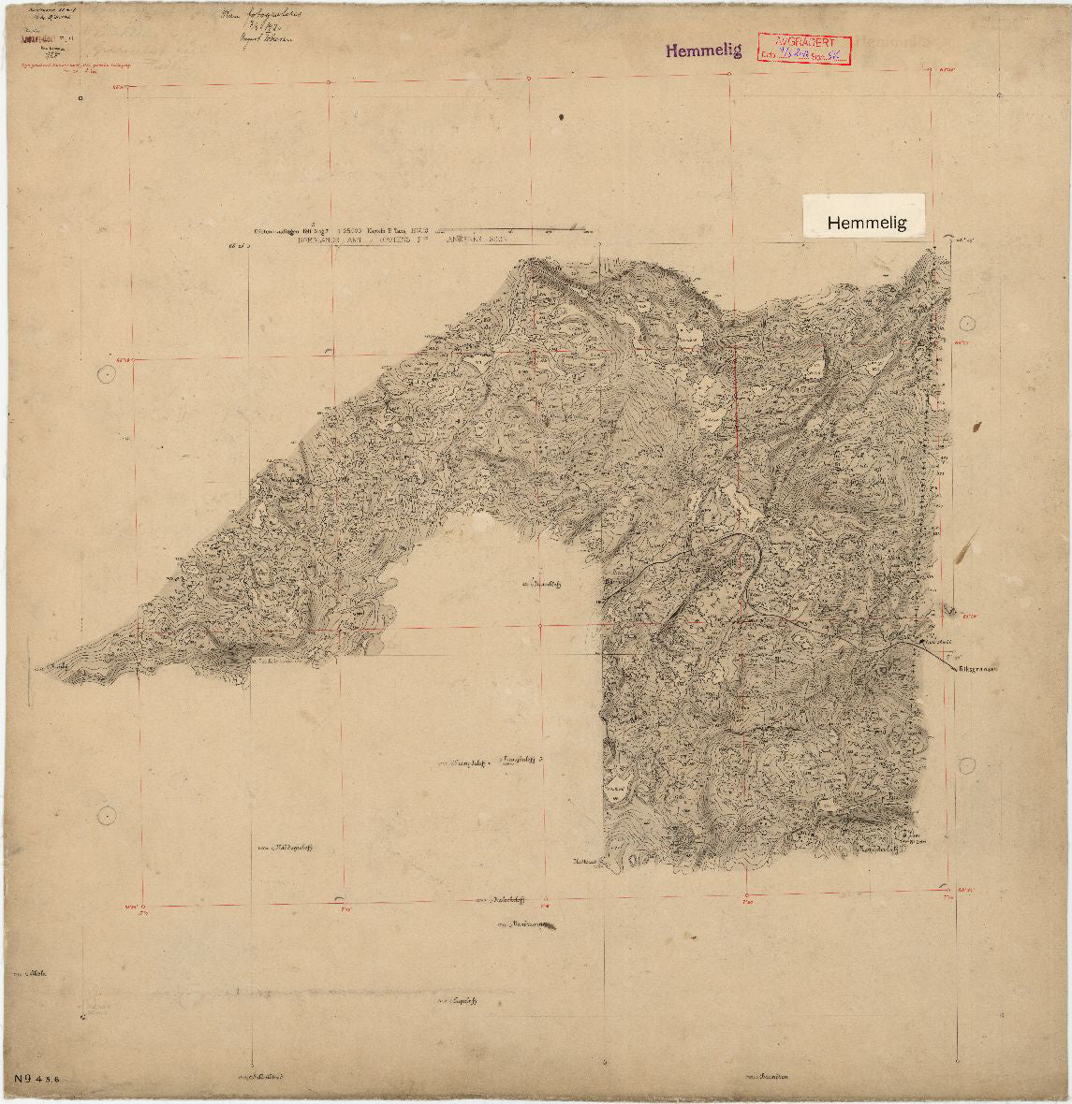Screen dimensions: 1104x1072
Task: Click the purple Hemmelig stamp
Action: (x=703, y=51)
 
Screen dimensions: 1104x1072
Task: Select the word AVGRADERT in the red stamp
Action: (x=803, y=42)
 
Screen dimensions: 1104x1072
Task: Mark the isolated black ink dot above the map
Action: (x=561, y=117)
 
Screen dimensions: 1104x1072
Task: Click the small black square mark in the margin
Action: (x=82, y=96)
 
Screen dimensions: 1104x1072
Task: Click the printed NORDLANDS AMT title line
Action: (x=403, y=240)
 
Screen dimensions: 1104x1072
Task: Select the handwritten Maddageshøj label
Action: (x=285, y=850)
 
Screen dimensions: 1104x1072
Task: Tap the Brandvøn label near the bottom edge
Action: (x=768, y=1076)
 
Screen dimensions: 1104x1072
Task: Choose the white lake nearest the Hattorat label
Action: (x=618, y=786)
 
